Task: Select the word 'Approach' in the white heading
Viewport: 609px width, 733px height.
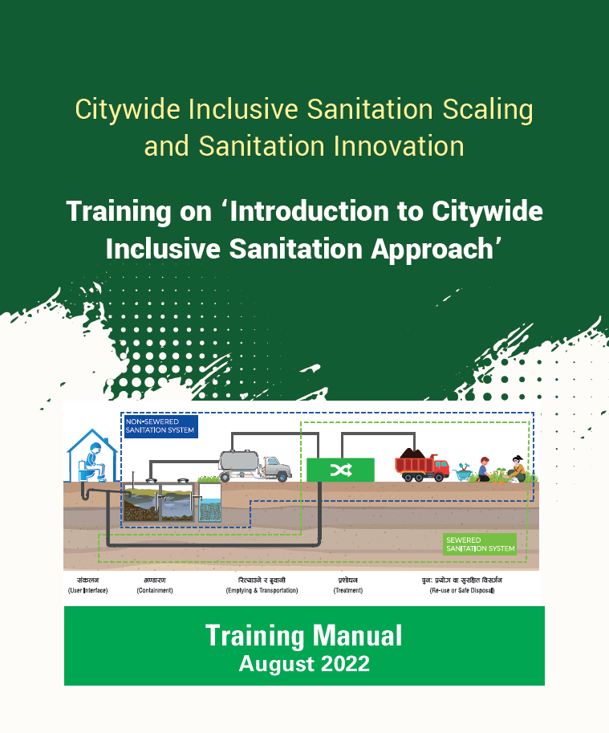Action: tap(441, 248)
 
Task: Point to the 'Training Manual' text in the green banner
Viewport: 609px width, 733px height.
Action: tap(303, 636)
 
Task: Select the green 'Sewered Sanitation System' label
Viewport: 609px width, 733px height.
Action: tap(480, 545)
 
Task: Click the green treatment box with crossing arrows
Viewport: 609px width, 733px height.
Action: tap(341, 470)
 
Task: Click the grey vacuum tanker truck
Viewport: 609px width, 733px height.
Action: tap(254, 465)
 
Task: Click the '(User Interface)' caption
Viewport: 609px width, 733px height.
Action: tap(88, 591)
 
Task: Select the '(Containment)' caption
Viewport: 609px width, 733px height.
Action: tap(154, 591)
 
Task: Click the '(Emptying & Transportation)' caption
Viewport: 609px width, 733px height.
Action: tap(262, 591)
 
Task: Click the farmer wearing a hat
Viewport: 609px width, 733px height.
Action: tap(518, 467)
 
